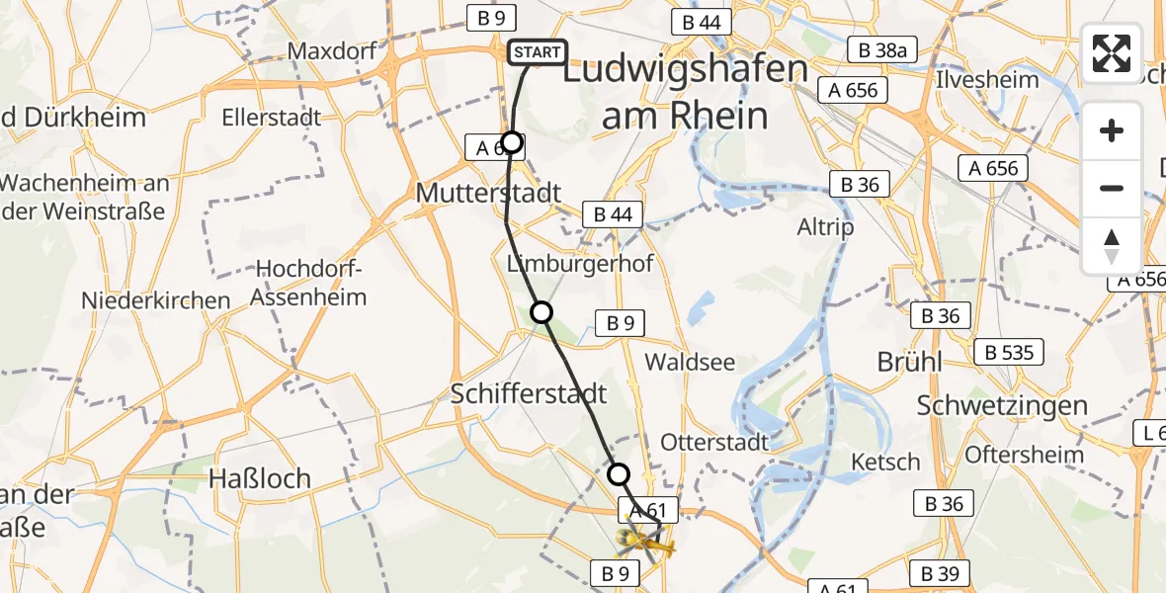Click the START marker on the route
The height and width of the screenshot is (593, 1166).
click(537, 52)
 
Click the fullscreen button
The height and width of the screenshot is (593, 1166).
click(1112, 53)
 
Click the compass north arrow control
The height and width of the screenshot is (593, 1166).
click(1112, 246)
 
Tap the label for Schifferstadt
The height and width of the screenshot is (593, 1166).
click(528, 393)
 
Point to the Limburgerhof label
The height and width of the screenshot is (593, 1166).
click(580, 264)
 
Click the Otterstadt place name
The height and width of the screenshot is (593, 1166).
click(714, 441)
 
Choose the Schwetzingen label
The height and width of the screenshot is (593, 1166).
click(1002, 405)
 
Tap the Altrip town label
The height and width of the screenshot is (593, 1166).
click(825, 227)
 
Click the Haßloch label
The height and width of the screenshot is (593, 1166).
click(259, 478)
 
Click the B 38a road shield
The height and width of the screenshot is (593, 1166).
click(882, 49)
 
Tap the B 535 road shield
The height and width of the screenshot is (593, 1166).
click(1009, 352)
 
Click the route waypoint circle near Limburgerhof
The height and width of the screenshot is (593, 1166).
click(541, 313)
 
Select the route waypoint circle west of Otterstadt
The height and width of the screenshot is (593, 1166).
click(618, 474)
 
